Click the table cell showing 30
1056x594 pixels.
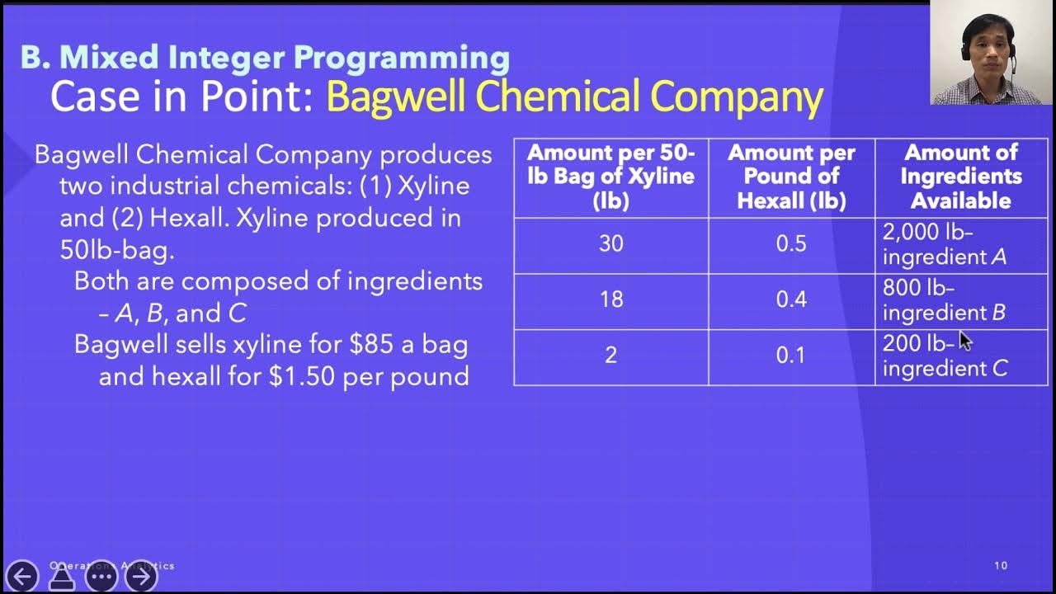(x=610, y=244)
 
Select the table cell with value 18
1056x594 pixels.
(x=610, y=299)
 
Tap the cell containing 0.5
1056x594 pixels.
(x=791, y=244)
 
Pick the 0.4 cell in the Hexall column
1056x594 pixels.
(x=791, y=299)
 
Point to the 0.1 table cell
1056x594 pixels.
(x=791, y=356)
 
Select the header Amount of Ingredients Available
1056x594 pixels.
(x=961, y=177)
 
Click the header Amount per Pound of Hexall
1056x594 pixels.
(x=791, y=177)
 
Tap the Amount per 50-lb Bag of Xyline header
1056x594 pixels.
(x=610, y=177)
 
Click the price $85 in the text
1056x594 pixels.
(x=372, y=344)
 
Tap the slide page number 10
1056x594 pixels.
(x=1001, y=566)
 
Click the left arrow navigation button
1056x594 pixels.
(x=21, y=576)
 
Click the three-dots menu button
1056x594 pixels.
(x=101, y=576)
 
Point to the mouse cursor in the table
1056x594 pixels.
(x=964, y=342)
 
